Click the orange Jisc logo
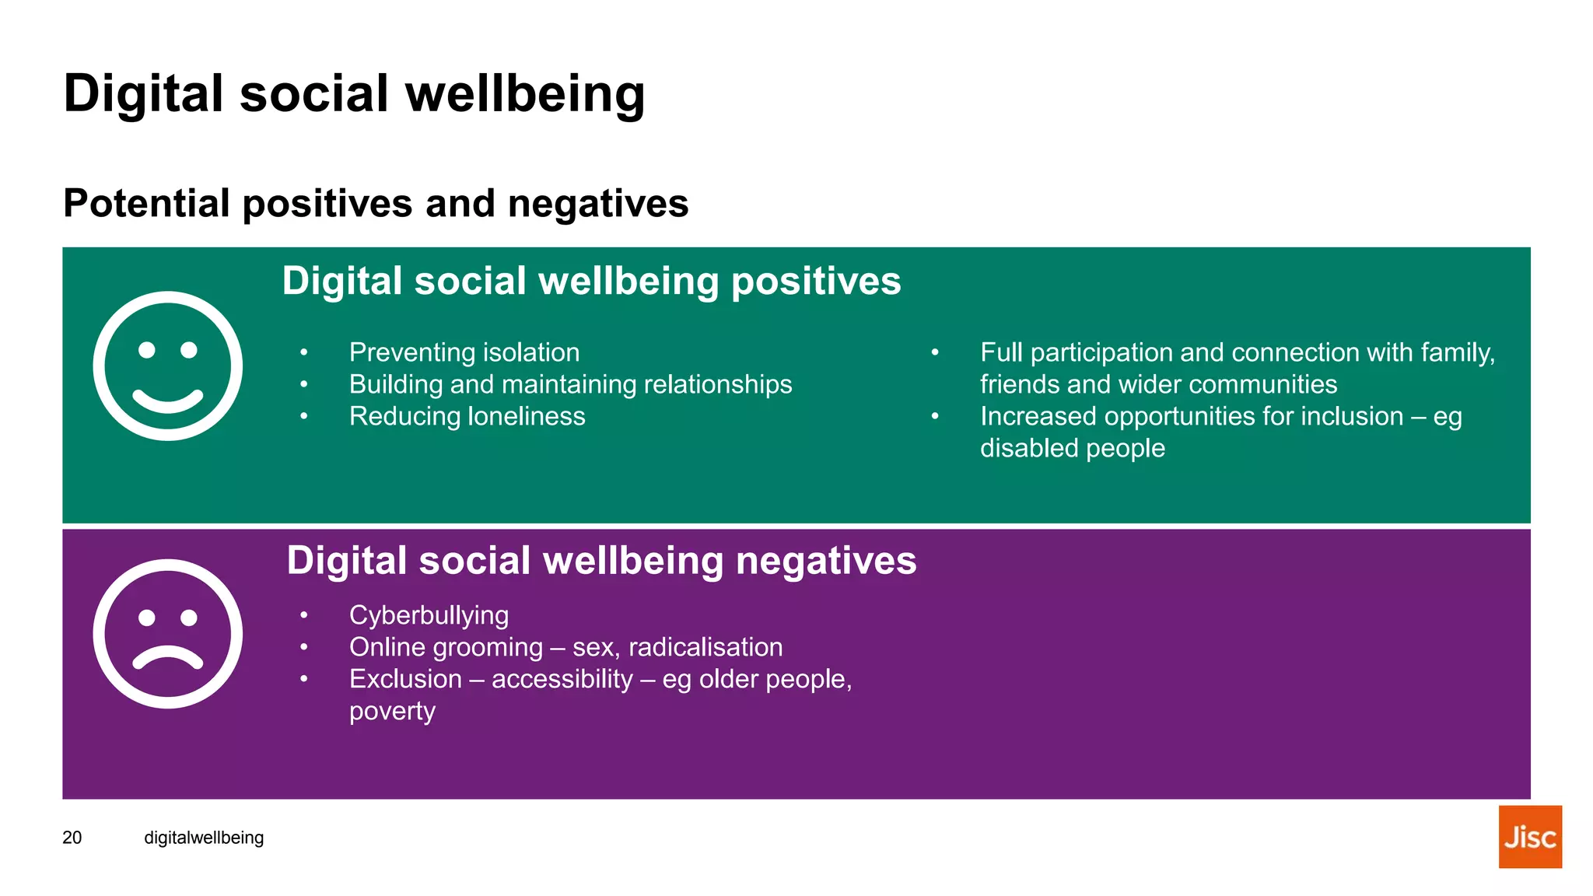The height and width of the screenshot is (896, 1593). coord(1529,836)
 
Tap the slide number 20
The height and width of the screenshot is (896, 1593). coord(72,838)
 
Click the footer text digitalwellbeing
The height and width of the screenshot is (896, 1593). coord(204,838)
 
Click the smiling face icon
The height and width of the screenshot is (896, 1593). coord(167,366)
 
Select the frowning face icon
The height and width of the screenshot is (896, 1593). coord(167,633)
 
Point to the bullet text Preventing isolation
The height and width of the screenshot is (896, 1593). coord(464,352)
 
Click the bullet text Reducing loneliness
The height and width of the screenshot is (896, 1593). coord(467,416)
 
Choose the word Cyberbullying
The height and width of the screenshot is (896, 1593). coord(429,615)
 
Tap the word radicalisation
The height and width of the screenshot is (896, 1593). coord(705,647)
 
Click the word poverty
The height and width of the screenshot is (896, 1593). coord(392,711)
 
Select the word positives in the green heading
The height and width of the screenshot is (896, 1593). coord(816,281)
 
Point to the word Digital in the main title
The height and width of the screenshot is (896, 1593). coord(144,93)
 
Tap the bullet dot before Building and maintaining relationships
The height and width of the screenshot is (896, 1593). coord(304,384)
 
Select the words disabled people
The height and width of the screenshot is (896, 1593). coord(1072,448)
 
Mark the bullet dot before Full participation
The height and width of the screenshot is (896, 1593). coord(935,353)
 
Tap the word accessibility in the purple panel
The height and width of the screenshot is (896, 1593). coord(562,679)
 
